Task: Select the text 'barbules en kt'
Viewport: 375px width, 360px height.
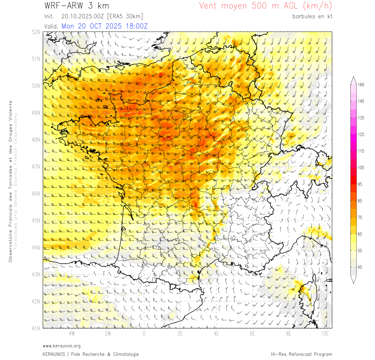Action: [x=312, y=16]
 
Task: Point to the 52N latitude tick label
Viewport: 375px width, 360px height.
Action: [x=36, y=32]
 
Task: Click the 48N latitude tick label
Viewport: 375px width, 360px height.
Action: [x=36, y=139]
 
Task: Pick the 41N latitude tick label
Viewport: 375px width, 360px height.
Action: [x=36, y=328]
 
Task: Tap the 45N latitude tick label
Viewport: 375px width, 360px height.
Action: [x=36, y=220]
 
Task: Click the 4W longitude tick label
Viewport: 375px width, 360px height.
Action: [x=72, y=333]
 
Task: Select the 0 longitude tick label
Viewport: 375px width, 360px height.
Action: [x=144, y=333]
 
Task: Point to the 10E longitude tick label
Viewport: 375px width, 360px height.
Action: [x=325, y=333]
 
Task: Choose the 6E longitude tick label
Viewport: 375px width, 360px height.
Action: [x=252, y=333]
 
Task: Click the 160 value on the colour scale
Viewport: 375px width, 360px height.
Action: [x=361, y=85]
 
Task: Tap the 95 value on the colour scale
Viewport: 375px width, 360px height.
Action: [x=360, y=184]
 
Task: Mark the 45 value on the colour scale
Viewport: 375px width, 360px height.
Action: [x=360, y=267]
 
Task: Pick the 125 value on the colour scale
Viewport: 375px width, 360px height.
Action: [x=361, y=135]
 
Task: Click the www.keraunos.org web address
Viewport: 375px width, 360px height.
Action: [x=61, y=346]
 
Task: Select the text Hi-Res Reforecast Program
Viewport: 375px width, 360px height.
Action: [x=301, y=354]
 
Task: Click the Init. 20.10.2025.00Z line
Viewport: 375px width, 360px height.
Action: [x=93, y=16]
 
